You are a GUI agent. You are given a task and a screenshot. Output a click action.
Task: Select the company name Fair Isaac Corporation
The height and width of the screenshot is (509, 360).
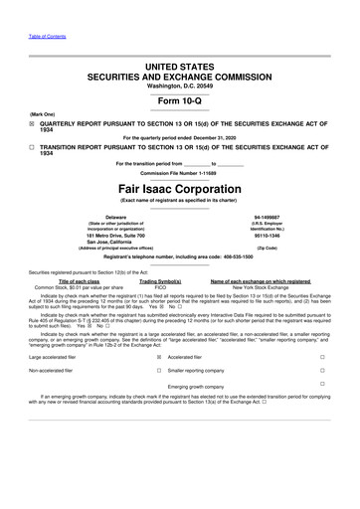point(179,187)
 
